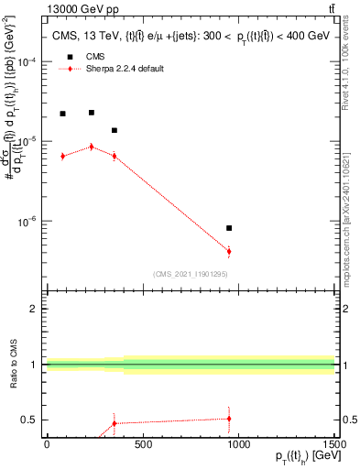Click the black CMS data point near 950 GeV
pos(229,228)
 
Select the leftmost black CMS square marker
pos(62,114)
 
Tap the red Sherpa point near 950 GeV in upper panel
pos(229,251)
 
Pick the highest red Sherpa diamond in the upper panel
pos(91,146)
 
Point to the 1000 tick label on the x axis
pos(238,444)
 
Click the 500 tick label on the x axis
pos(142,444)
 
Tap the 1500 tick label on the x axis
pos(334,444)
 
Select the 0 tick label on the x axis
pos(47,444)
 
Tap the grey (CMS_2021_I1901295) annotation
pos(191,274)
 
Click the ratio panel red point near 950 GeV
pos(229,418)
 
